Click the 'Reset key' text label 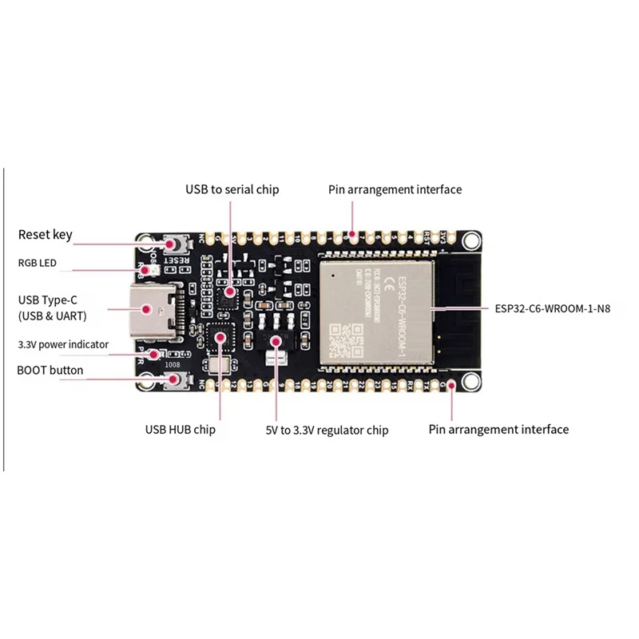coord(45,234)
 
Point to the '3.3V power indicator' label coord(63,344)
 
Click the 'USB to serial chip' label coord(232,189)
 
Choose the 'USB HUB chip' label coord(180,430)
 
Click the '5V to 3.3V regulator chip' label coord(327,430)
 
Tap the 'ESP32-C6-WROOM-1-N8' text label coord(546,307)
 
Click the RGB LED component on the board coord(147,272)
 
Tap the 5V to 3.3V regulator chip coord(276,335)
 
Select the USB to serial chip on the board coord(228,292)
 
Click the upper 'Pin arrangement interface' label coord(395,189)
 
